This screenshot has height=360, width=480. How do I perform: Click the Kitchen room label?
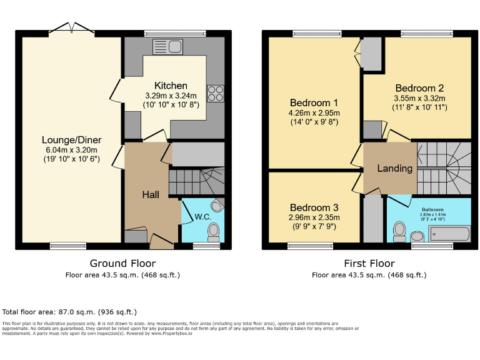[171, 86]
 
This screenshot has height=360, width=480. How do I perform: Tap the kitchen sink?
[167, 46]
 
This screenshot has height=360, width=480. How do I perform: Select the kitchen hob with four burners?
[215, 93]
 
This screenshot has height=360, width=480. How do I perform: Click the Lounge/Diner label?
[71, 139]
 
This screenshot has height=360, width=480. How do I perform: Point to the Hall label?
[150, 194]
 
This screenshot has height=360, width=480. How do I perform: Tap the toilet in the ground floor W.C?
[214, 231]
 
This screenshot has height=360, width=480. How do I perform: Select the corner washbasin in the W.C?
[217, 205]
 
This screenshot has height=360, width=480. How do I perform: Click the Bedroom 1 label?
[314, 102]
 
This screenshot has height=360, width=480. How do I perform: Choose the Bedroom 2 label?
[419, 88]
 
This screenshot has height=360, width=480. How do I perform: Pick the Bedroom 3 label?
[314, 207]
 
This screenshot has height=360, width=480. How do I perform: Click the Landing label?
[394, 168]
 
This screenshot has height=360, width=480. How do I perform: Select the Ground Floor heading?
[122, 263]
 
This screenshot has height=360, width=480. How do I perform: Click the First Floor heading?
[369, 263]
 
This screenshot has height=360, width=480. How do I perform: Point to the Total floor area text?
[69, 311]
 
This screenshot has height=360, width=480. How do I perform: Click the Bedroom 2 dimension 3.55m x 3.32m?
[419, 98]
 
